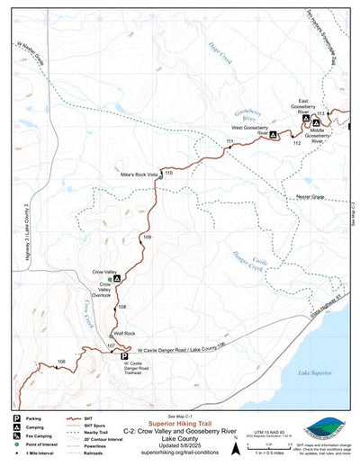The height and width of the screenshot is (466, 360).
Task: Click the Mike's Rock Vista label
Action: pyautogui.click(x=139, y=172)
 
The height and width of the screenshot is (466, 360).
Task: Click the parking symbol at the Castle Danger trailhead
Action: pyautogui.click(x=124, y=355)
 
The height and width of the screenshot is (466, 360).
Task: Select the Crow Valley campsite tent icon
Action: pyautogui.click(x=117, y=278)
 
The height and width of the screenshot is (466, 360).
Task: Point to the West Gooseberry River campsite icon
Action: pyautogui.click(x=273, y=135)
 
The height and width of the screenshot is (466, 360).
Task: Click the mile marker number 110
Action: pyautogui.click(x=168, y=161)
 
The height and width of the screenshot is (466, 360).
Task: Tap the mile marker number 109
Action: pyautogui.click(x=147, y=236)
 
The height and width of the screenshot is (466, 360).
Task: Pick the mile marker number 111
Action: pyautogui.click(x=229, y=142)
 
